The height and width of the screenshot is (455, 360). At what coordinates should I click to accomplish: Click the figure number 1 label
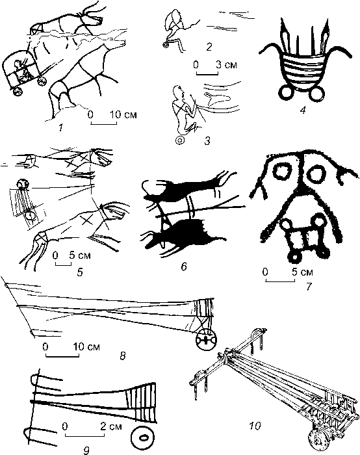click(x=60, y=127)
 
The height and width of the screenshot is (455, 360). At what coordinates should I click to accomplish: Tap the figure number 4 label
click(x=303, y=110)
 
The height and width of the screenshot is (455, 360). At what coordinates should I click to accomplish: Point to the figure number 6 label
click(x=184, y=266)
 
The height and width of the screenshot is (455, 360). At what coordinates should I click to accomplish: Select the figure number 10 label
click(x=255, y=426)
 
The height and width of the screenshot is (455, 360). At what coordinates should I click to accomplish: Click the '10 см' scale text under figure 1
click(x=123, y=114)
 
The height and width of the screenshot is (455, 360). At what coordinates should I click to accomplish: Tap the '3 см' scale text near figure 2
click(x=226, y=64)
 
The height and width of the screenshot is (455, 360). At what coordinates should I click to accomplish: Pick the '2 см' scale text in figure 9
click(x=111, y=426)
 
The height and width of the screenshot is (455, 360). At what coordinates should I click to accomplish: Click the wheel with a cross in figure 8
click(x=206, y=340)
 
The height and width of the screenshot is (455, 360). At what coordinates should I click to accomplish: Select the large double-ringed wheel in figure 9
click(x=143, y=437)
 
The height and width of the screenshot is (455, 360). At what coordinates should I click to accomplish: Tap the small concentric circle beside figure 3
click(x=180, y=140)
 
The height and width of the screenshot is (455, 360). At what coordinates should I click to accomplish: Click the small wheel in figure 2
click(x=166, y=45)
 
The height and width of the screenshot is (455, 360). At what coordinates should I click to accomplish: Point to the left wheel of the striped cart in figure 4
click(x=287, y=94)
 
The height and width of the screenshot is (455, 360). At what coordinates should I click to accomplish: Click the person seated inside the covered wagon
click(x=21, y=71)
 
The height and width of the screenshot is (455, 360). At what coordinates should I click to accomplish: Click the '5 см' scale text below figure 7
click(x=302, y=272)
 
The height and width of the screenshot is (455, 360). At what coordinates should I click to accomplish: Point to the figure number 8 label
click(x=123, y=356)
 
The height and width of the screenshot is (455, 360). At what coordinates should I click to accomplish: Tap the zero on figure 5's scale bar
click(x=55, y=255)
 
